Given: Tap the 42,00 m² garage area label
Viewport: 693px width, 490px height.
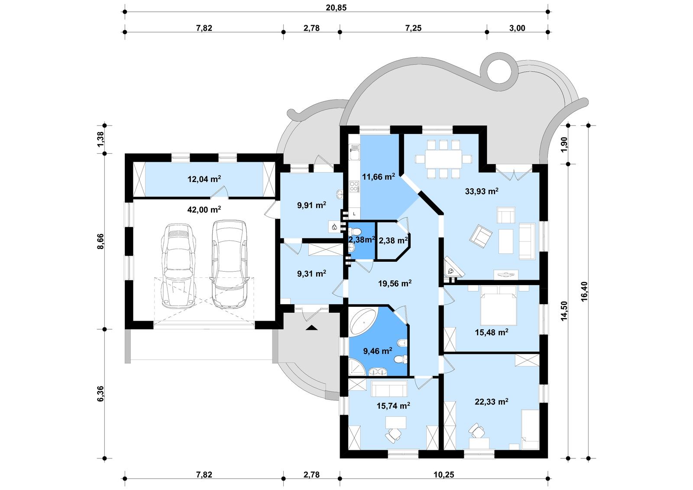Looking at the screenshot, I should coord(204,210).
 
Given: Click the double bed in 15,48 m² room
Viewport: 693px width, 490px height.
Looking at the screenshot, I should coord(499,308).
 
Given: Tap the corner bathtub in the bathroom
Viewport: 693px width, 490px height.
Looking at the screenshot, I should coord(364,321).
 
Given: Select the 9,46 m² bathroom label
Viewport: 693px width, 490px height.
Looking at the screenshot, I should coord(378,351).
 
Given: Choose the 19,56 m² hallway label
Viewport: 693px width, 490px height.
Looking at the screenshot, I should coord(395,284).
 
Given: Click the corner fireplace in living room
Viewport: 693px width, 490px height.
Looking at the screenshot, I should coord(452,269).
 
